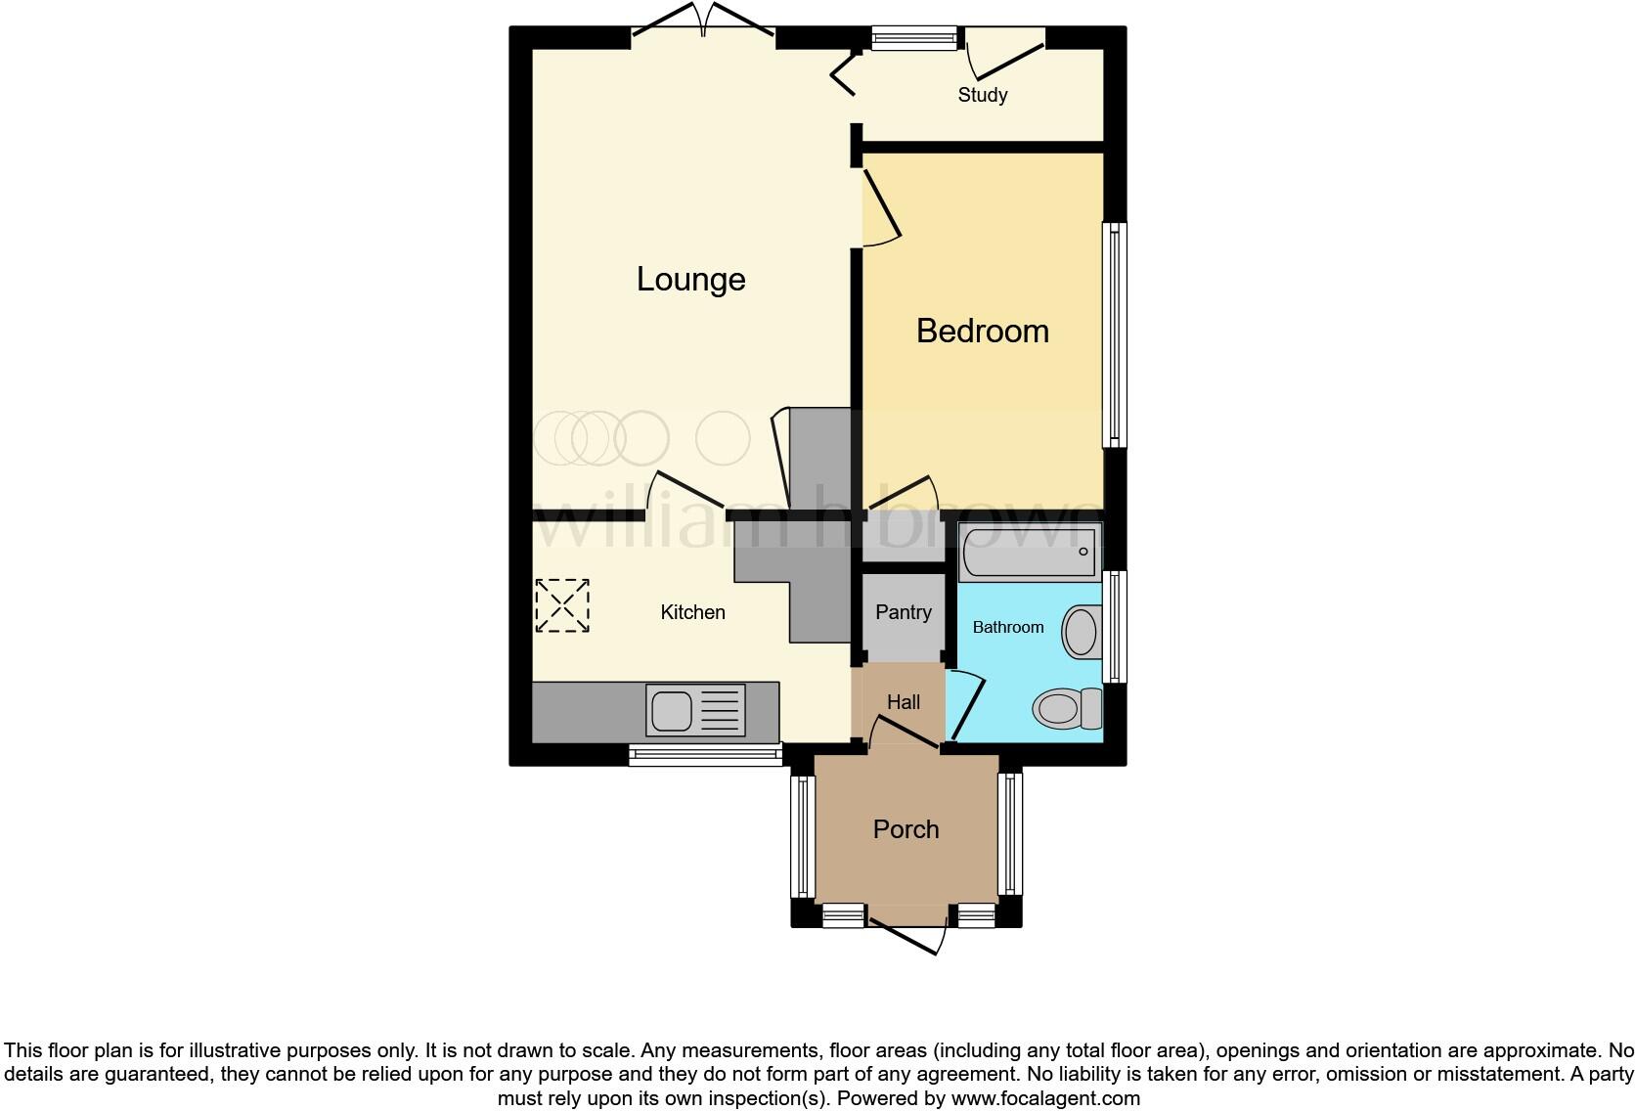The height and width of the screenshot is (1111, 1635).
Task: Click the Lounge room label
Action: [x=690, y=280]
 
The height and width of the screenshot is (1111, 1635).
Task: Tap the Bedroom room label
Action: [x=982, y=332]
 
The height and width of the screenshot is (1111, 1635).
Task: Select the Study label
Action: [x=982, y=95]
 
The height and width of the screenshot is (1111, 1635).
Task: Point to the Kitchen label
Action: [x=692, y=612]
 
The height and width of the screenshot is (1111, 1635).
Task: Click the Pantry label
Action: [x=903, y=612]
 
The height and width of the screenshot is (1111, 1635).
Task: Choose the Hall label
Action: [x=903, y=702]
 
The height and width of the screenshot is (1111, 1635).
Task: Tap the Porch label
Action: [x=906, y=829]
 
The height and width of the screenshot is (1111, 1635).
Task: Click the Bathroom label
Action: [x=1007, y=627]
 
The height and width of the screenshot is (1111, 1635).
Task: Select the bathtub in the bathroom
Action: [x=1031, y=553]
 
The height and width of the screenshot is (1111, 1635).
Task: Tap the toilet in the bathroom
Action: [x=1067, y=708]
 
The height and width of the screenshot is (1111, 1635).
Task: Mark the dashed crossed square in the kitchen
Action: [x=562, y=605]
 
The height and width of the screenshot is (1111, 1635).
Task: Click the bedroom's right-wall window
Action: [x=1114, y=335]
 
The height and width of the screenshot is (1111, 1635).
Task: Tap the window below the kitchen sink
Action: [x=704, y=753]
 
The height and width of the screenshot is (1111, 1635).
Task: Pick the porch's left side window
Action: [x=802, y=836]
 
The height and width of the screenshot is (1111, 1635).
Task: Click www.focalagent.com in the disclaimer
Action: [x=1044, y=1098]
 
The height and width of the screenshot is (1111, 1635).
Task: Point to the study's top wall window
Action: [x=914, y=38]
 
